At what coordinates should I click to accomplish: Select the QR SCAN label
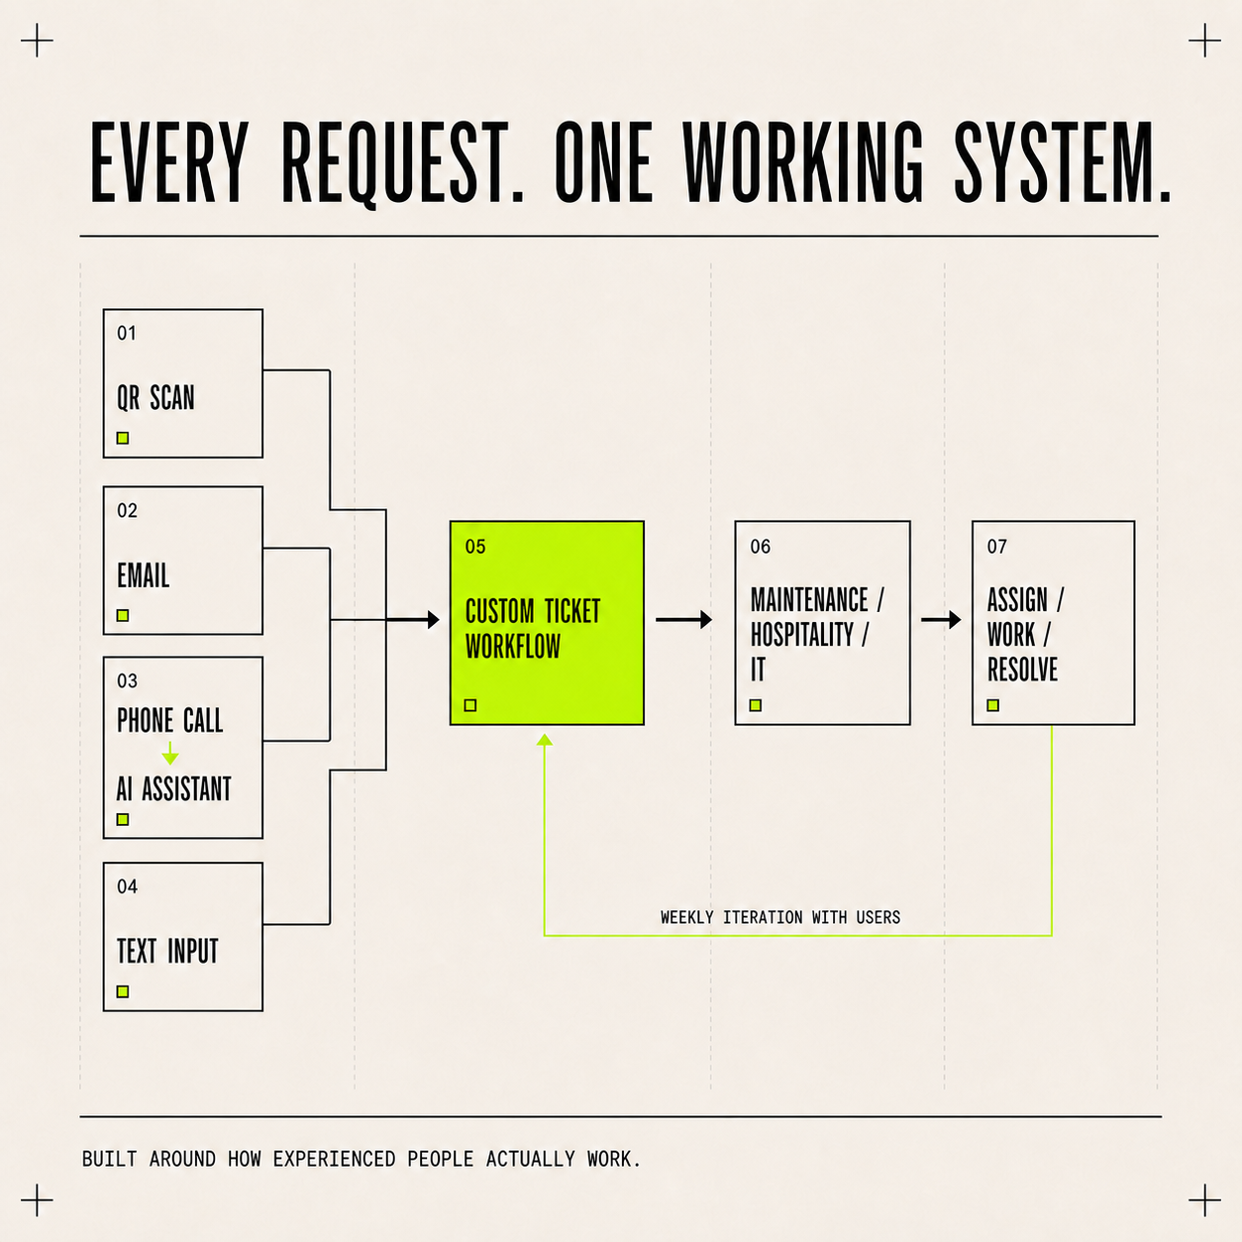[x=155, y=398]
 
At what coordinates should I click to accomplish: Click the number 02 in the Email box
[x=127, y=510]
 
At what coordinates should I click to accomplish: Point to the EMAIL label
[x=143, y=574]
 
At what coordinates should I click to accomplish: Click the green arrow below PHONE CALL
[x=170, y=753]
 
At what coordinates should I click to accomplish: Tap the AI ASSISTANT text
[x=173, y=789]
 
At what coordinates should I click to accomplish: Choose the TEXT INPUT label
[x=167, y=951]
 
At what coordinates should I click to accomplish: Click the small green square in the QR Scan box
[x=123, y=439]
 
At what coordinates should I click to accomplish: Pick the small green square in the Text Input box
[x=123, y=991]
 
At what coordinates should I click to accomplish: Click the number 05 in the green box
[x=475, y=547]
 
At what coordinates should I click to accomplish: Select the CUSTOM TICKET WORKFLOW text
[x=533, y=628]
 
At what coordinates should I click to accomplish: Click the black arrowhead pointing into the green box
[x=434, y=620]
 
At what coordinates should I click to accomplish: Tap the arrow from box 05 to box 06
[x=683, y=620]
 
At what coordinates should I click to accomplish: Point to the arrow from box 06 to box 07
[x=941, y=620]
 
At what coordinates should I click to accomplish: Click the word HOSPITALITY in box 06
[x=802, y=635]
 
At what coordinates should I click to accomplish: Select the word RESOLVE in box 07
[x=1022, y=670]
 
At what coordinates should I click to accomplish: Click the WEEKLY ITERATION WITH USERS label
[x=780, y=917]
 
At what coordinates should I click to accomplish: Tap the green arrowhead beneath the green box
[x=545, y=740]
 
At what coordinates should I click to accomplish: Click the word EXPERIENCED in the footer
[x=334, y=1159]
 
